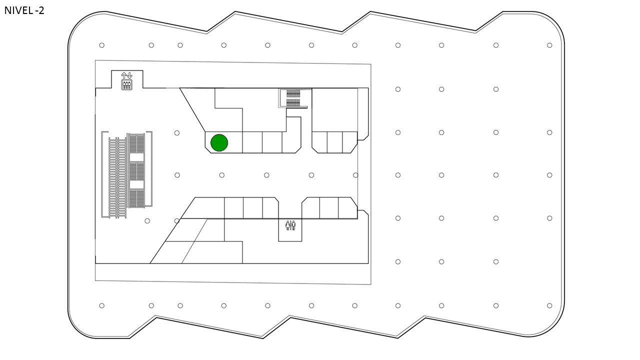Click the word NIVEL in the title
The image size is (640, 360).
(18, 10)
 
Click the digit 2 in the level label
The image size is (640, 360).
(41, 10)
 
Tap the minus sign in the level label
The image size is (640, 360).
(36, 11)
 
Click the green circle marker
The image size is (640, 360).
(219, 142)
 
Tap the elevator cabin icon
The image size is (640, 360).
(127, 85)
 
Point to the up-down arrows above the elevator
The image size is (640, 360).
(126, 75)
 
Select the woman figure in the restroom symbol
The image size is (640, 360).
(287, 225)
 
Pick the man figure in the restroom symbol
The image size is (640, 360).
(293, 225)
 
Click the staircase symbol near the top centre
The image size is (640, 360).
(293, 98)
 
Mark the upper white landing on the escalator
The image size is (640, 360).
(136, 157)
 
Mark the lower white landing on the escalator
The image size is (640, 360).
(136, 184)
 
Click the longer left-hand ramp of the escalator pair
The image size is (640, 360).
(117, 177)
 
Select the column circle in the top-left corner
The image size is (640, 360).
(101, 45)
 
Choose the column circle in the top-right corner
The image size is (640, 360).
(549, 45)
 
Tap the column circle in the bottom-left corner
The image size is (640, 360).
(101, 305)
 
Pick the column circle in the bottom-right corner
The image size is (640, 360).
(549, 305)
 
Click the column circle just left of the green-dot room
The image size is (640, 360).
(177, 133)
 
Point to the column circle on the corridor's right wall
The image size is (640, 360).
(355, 175)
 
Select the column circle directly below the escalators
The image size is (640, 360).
(147, 221)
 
